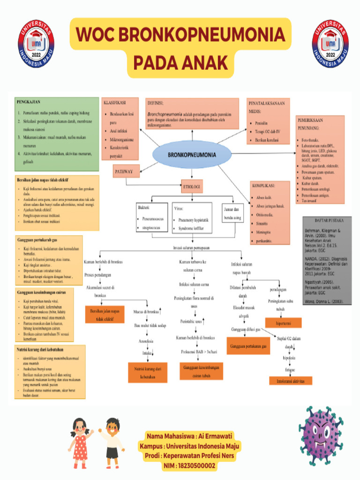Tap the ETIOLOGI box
click(192, 187)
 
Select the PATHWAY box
click(124, 172)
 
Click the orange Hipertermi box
click(284, 323)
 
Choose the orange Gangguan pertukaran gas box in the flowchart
click(248, 346)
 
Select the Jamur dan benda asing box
click(234, 213)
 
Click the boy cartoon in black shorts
click(112, 439)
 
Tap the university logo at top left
click(36, 43)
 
